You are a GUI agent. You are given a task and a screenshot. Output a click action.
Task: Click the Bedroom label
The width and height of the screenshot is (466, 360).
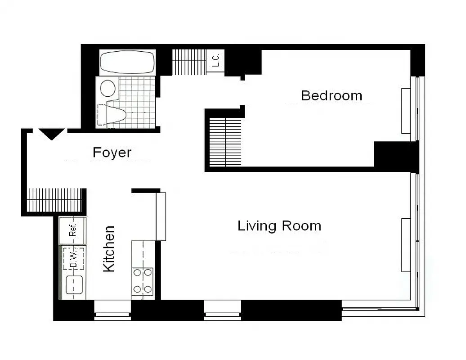click(332, 95)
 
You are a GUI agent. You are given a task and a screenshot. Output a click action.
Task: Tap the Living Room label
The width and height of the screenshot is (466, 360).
click(279, 225)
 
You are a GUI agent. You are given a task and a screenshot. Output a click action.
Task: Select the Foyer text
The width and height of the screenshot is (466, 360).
click(112, 153)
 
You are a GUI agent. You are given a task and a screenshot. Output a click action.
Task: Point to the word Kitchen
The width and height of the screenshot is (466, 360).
click(109, 249)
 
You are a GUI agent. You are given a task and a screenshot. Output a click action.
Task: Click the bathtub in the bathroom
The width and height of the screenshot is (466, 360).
click(127, 62)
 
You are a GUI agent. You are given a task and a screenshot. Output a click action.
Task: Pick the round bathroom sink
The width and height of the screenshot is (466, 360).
click(108, 88)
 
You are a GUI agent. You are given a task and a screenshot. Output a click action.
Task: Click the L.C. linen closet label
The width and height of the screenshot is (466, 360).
click(215, 60)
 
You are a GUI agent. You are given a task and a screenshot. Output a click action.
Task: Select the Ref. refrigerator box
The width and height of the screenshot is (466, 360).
click(73, 230)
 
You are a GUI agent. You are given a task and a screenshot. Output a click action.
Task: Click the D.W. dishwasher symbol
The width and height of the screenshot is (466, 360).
click(73, 259)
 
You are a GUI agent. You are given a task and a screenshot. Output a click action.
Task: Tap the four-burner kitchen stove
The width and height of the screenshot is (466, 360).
click(142, 281)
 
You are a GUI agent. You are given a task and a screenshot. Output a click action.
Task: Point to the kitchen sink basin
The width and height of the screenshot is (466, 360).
click(73, 284)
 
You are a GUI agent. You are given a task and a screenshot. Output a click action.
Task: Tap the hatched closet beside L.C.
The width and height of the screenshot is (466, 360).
click(189, 62)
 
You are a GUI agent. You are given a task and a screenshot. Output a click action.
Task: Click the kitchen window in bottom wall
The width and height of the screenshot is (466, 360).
click(112, 310)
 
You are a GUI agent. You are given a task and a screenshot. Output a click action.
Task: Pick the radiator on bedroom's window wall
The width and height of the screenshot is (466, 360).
click(406, 111)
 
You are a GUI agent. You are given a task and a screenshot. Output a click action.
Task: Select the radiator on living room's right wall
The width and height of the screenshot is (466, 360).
click(406, 245)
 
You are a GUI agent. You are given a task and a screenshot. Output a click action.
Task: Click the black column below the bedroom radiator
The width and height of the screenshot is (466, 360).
click(396, 156)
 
